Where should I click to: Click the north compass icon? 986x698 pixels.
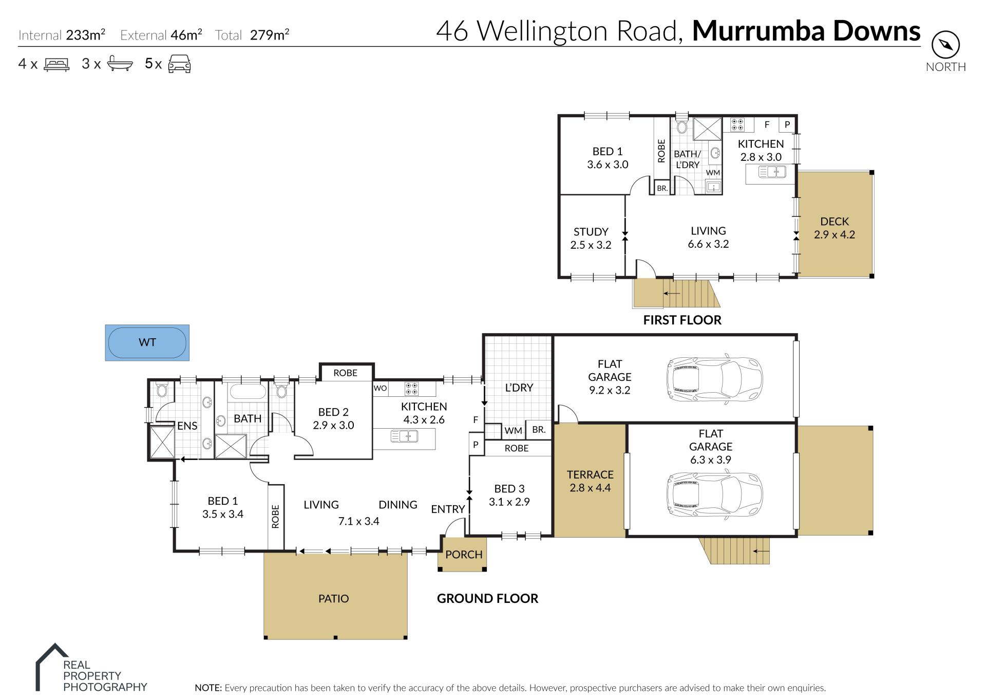pyautogui.click(x=945, y=45)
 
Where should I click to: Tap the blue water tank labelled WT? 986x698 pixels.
pyautogui.click(x=147, y=342)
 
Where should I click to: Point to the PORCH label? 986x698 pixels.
pyautogui.click(x=464, y=555)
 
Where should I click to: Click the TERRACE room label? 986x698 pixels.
pyautogui.click(x=590, y=474)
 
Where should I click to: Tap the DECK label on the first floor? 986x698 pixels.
pyautogui.click(x=835, y=222)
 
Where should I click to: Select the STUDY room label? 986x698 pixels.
pyautogui.click(x=591, y=232)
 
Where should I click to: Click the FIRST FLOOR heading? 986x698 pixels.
pyautogui.click(x=682, y=320)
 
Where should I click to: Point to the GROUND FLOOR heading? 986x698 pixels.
pyautogui.click(x=487, y=598)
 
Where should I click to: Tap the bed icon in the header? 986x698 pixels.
pyautogui.click(x=56, y=64)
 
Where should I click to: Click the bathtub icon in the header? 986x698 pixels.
pyautogui.click(x=120, y=64)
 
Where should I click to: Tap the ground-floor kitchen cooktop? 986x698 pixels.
pyautogui.click(x=411, y=389)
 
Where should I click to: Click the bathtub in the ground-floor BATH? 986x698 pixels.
pyautogui.click(x=248, y=392)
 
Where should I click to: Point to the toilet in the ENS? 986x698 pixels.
pyautogui.click(x=162, y=390)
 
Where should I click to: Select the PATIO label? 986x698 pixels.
pyautogui.click(x=333, y=598)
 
